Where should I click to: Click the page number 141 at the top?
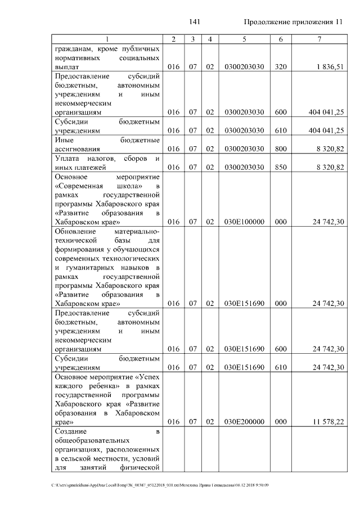pos(195,22)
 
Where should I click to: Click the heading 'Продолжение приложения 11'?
pos(293,22)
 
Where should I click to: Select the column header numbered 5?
pos(244,39)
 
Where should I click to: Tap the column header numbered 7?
pos(319,39)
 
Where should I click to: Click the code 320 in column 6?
pos(281,66)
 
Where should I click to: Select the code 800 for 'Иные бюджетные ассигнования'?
pos(281,149)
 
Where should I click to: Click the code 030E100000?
pos(244,222)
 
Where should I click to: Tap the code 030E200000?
pos(244,421)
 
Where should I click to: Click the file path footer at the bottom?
pos(160,485)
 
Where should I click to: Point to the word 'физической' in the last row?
pos(142,467)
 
